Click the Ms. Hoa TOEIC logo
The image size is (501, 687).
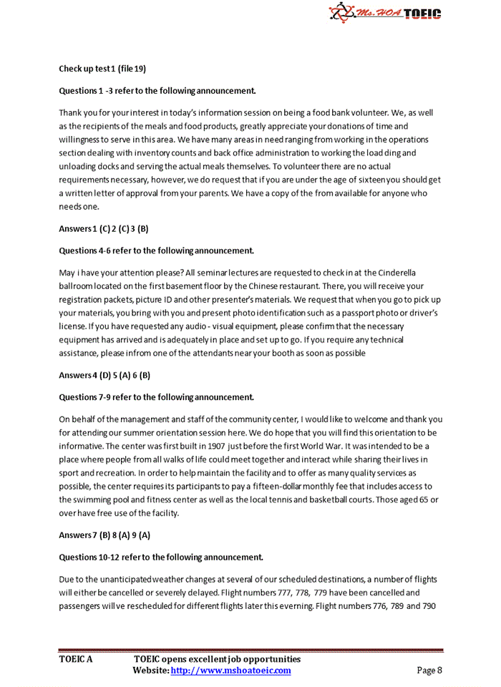tap(384, 13)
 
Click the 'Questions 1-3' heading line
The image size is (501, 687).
tap(157, 91)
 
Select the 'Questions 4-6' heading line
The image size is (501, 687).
tap(156, 250)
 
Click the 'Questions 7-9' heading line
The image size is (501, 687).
tap(156, 396)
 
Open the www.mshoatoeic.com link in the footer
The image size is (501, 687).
tap(231, 671)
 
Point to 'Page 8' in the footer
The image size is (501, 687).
tap(430, 671)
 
